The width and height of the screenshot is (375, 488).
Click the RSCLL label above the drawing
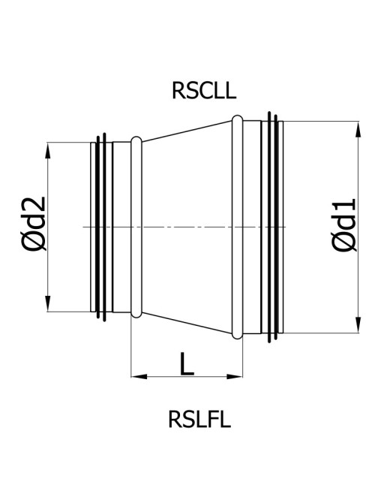[204, 91]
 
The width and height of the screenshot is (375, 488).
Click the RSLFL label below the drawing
[199, 419]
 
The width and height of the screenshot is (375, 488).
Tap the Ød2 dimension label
[34, 224]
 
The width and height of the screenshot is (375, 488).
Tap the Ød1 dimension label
[344, 224]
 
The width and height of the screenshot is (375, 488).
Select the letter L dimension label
[187, 363]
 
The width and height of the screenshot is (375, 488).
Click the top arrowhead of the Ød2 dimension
[48, 151]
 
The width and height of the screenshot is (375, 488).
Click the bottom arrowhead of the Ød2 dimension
[48, 303]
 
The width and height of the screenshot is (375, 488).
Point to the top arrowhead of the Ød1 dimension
[358, 129]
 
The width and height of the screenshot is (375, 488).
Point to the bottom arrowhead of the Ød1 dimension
[358, 325]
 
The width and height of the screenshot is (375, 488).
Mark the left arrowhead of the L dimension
[139, 377]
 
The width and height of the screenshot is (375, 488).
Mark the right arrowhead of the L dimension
[235, 377]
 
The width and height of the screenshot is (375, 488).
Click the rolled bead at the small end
[136, 227]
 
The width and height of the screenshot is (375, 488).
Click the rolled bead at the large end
[237, 227]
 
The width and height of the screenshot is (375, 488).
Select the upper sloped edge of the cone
[187, 131]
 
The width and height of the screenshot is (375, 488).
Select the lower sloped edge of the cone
[187, 323]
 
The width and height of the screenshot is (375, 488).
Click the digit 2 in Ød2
[34, 204]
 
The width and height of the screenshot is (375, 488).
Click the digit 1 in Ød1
[344, 206]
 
